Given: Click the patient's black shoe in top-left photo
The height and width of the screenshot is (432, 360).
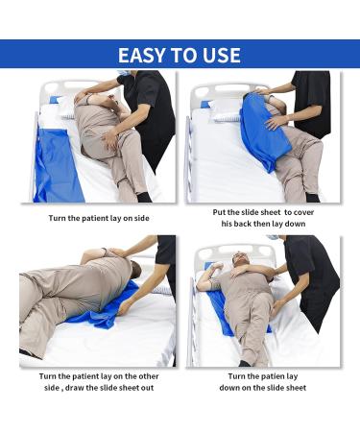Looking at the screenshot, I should [143, 197].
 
